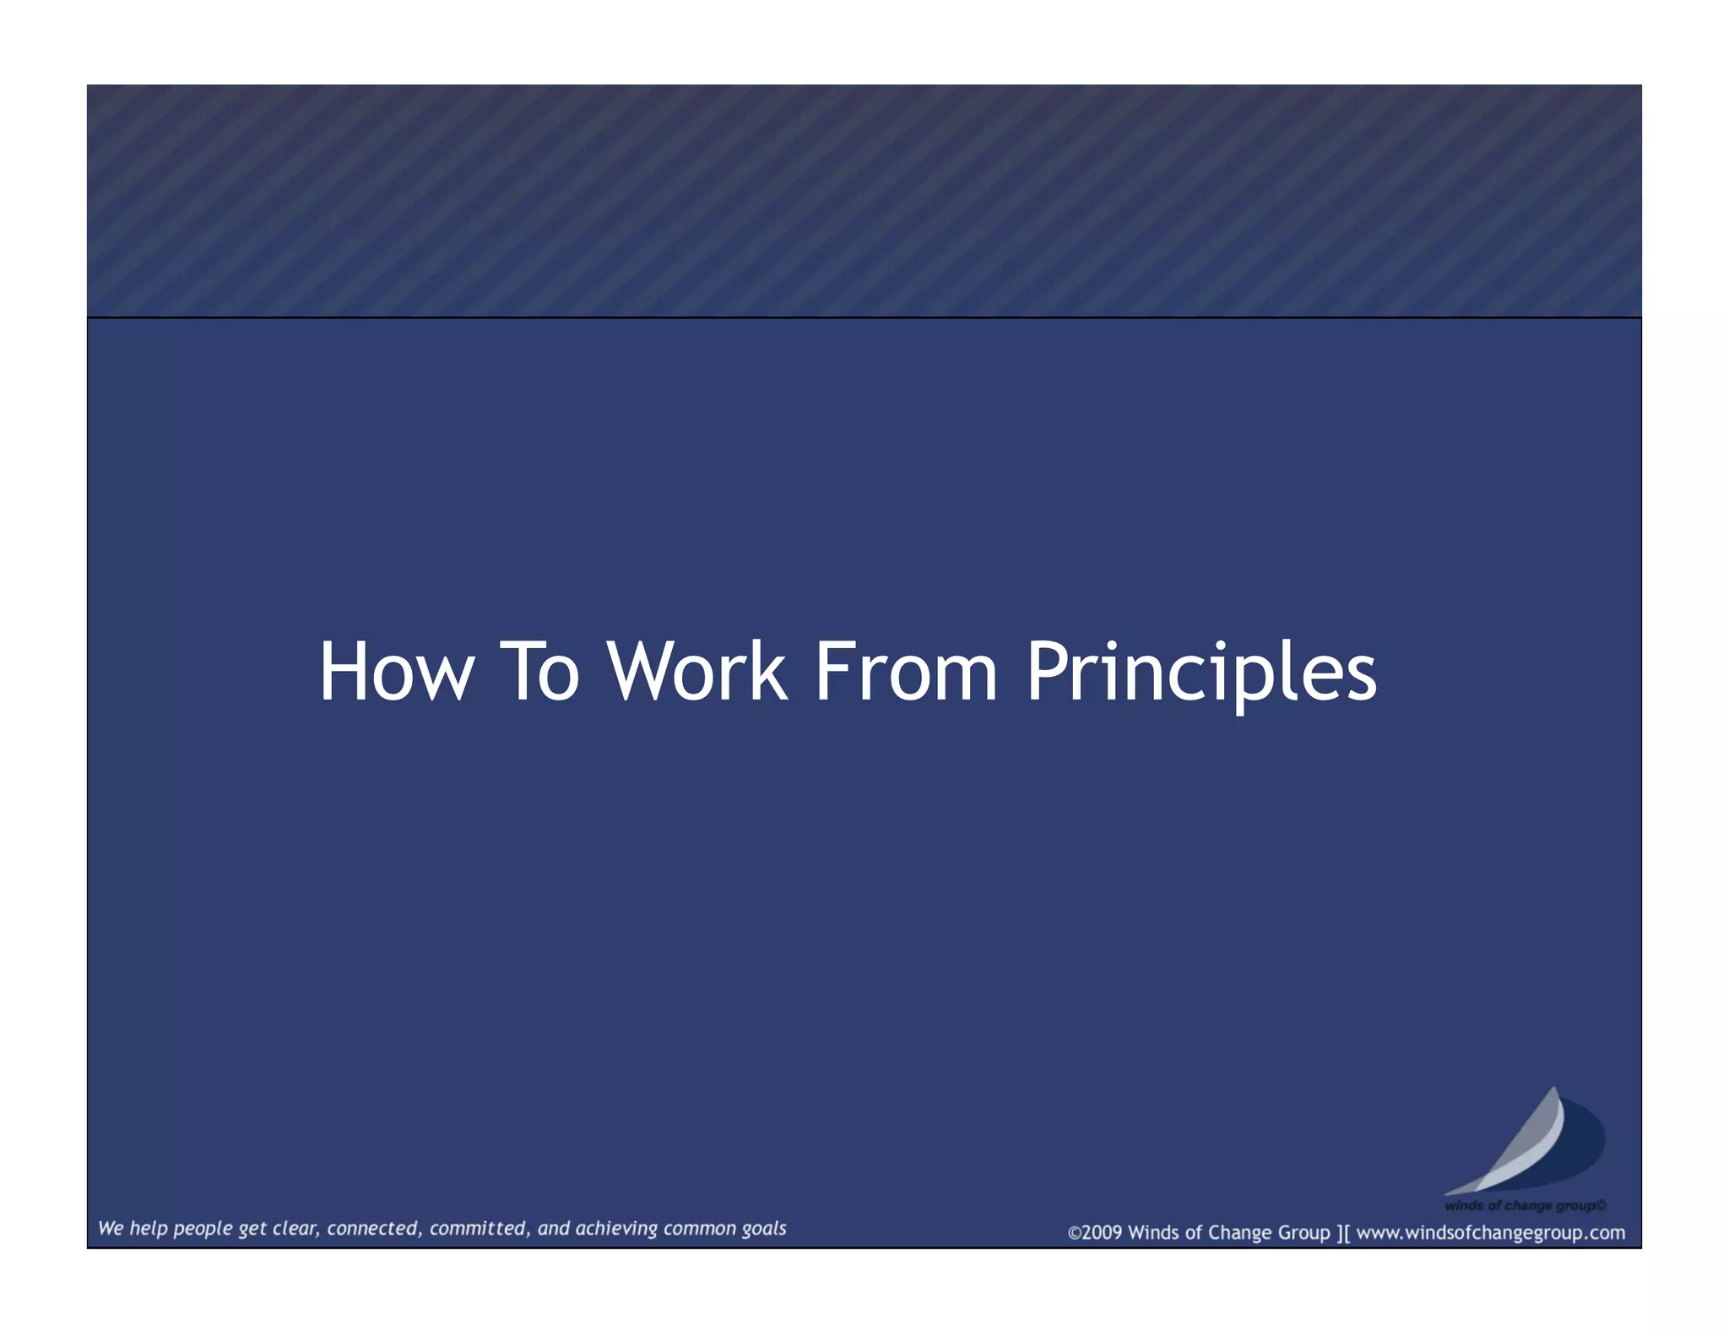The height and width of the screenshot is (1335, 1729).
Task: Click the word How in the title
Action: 396,672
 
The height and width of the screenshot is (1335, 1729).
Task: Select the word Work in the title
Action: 696,672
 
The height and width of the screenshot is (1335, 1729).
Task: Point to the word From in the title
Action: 905,672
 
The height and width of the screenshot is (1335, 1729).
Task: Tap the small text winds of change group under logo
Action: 1525,1206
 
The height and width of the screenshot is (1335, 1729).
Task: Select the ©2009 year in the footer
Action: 1095,1233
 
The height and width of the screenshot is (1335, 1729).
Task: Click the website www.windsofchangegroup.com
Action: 1490,1233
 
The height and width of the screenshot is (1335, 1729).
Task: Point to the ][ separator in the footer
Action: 1343,1233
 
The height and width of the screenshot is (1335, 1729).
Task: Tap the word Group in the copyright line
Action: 1304,1233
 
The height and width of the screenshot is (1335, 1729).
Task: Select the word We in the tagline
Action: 111,1229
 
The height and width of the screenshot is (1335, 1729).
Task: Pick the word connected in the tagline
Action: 374,1230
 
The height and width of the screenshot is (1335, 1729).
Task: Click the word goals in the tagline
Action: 764,1230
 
